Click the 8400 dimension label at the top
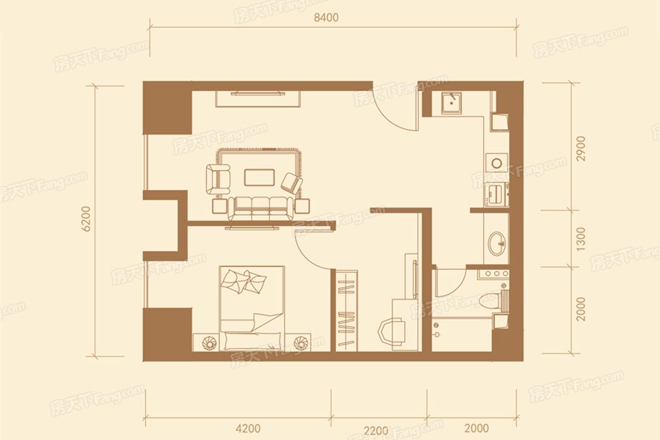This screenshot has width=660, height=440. (326, 18)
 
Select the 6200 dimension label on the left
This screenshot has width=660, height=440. (86, 219)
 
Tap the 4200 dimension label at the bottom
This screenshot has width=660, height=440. (248, 428)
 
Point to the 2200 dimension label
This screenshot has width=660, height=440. (376, 430)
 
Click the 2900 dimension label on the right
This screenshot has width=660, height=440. (581, 148)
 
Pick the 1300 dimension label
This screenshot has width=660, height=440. (581, 239)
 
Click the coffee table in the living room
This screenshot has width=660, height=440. (260, 177)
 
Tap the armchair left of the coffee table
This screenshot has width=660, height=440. (218, 179)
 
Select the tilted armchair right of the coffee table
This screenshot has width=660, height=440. (292, 183)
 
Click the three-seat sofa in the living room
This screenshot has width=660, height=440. (260, 208)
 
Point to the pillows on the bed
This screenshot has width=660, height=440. (244, 281)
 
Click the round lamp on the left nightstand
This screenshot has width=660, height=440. (209, 342)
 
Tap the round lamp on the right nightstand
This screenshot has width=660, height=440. (301, 342)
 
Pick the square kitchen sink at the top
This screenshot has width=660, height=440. (451, 103)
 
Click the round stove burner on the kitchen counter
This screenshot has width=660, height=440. (496, 163)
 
